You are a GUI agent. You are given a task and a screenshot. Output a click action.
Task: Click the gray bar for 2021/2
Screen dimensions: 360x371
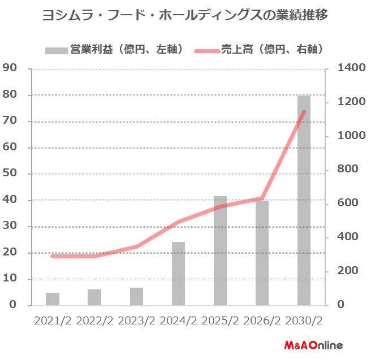click(53, 298)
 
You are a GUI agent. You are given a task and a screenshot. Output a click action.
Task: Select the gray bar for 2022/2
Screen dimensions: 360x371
click(94, 297)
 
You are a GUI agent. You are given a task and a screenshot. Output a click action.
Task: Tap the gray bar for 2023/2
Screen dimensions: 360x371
click(136, 296)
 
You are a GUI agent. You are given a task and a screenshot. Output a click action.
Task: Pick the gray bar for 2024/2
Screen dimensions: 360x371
click(178, 274)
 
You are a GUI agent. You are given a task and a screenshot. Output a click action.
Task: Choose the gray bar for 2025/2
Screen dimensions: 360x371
click(220, 250)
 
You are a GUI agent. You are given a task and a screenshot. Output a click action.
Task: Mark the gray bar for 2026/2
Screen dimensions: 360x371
click(262, 253)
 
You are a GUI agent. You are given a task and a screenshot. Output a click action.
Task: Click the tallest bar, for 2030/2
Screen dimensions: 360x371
click(304, 201)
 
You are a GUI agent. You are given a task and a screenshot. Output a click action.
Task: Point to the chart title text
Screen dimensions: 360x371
click(185, 15)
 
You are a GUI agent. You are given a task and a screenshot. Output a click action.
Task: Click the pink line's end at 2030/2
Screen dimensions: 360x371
click(304, 111)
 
